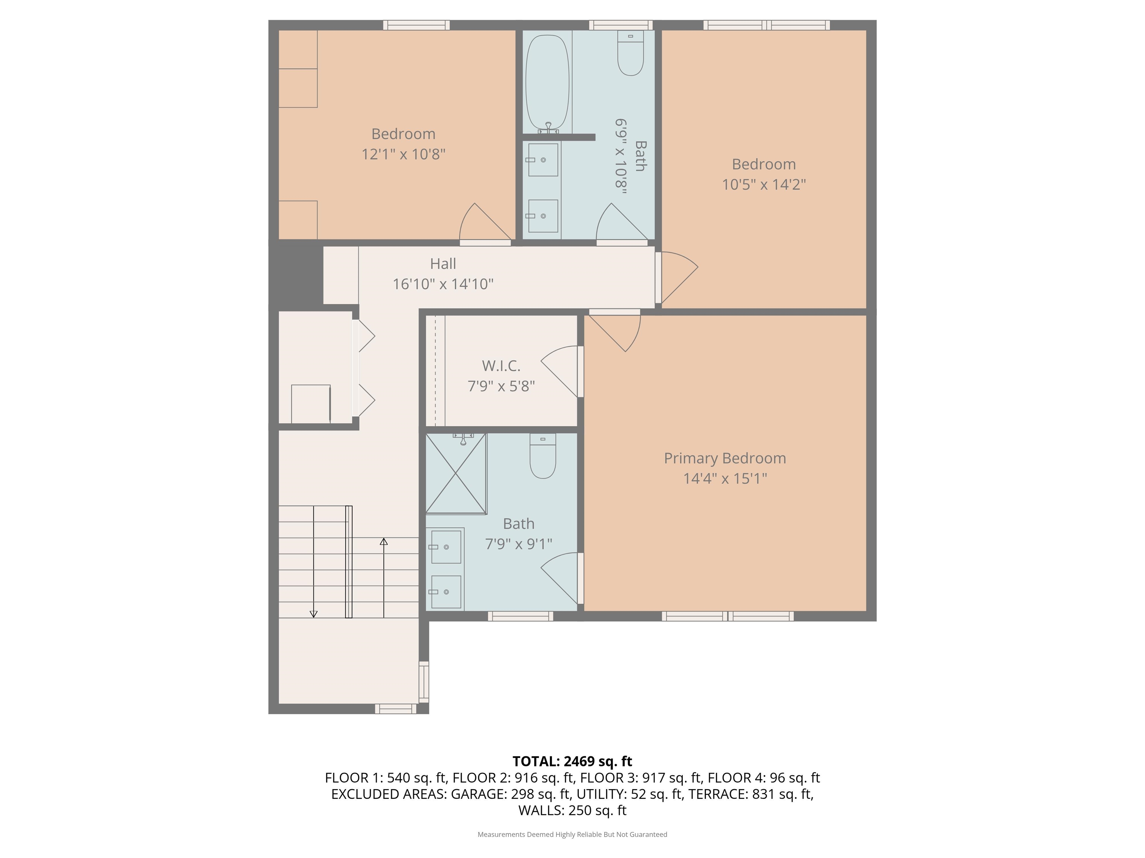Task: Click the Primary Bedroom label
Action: (x=725, y=458)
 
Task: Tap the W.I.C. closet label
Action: (x=501, y=366)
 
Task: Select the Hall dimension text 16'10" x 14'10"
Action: (x=443, y=284)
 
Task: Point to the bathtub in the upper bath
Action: (x=547, y=83)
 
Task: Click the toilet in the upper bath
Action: (x=631, y=53)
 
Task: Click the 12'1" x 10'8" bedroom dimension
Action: (x=403, y=154)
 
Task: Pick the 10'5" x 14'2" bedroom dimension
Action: (x=764, y=185)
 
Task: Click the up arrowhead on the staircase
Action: (x=384, y=541)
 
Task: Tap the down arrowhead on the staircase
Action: (x=313, y=614)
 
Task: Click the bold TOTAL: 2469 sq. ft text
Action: (x=572, y=761)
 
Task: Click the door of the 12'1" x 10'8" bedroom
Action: (x=486, y=223)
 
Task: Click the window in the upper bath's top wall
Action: (x=621, y=25)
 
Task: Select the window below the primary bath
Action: (x=521, y=616)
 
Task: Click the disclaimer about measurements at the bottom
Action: (x=572, y=834)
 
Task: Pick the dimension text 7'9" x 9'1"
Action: (x=519, y=544)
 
